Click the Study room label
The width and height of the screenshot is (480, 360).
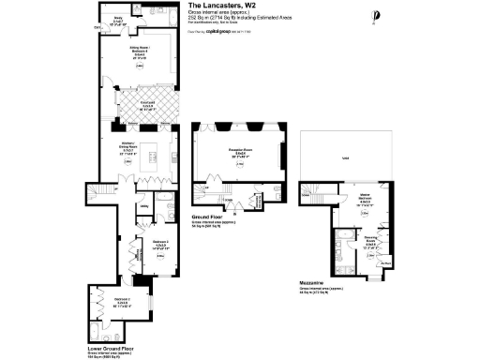click(x=119, y=17)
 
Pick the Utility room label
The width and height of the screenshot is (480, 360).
click(x=142, y=205)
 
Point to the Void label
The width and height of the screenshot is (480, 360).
click(x=347, y=158)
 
